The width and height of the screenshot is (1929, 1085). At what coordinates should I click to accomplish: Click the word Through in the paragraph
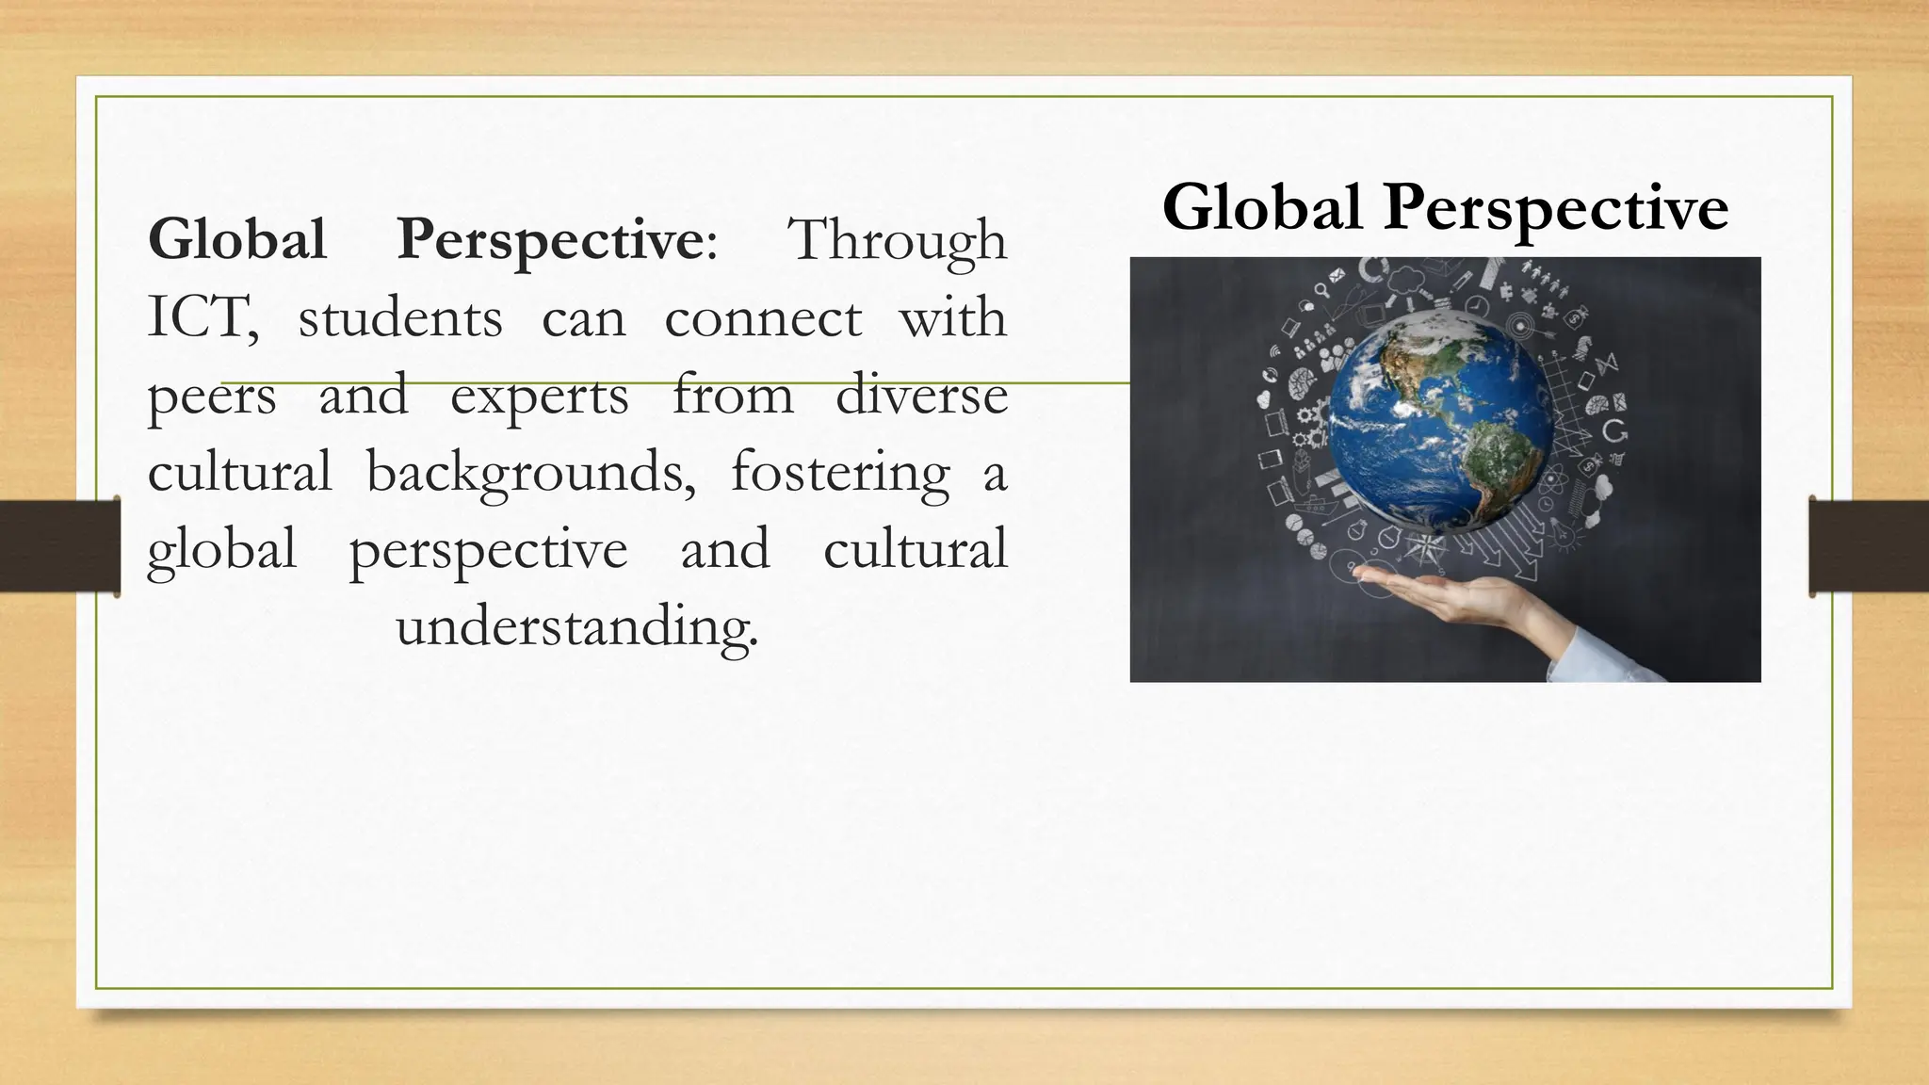pos(897,241)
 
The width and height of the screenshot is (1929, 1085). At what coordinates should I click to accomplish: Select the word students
pos(400,318)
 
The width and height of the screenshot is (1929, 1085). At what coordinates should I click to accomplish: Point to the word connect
pos(762,318)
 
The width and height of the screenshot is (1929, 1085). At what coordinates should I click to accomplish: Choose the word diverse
pos(921,396)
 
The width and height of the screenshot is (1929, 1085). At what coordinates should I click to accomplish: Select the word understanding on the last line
pos(576,627)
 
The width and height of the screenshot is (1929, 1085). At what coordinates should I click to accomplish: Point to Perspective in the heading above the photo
pos(1555,209)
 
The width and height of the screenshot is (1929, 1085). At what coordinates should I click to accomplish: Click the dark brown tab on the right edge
pos(1869,546)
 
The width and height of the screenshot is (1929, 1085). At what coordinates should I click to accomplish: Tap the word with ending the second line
pos(952,318)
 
